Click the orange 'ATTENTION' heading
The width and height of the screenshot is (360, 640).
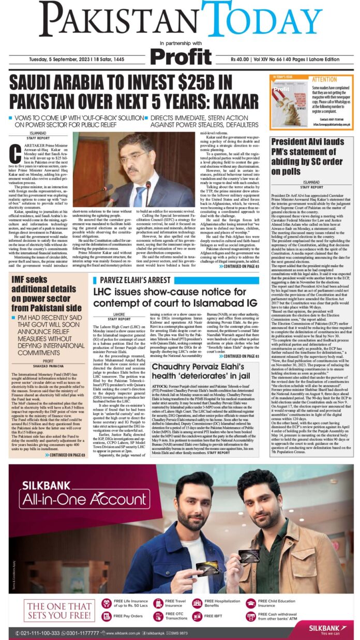(x=324, y=80)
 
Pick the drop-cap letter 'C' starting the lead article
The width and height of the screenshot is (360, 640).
(x=16, y=152)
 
